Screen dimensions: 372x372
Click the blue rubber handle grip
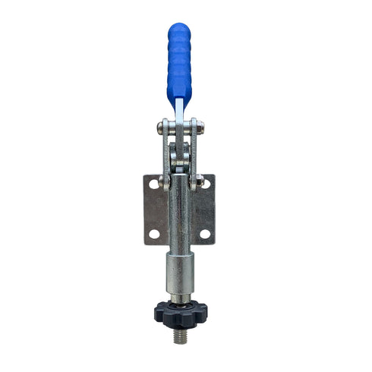(179, 65)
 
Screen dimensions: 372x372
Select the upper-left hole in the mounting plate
(153, 184)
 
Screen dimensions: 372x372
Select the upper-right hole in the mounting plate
(206, 183)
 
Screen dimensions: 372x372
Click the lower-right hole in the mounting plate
(205, 233)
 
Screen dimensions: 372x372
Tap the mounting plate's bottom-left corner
(144, 244)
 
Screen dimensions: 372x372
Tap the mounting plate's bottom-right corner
(215, 244)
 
